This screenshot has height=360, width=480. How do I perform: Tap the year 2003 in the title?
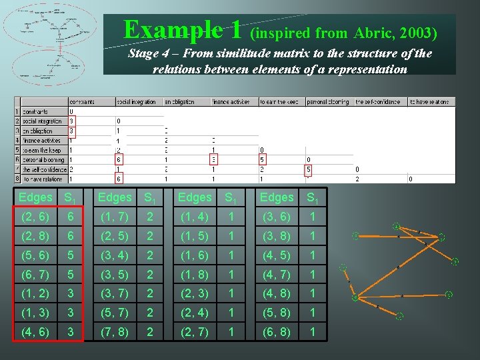click(x=419, y=33)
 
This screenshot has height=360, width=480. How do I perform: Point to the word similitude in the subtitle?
click(x=255, y=54)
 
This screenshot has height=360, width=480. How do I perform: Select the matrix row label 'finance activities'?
click(x=41, y=141)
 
